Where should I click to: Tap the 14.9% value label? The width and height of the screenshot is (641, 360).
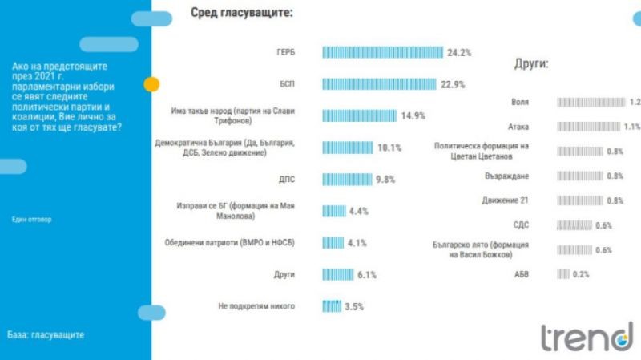coord(413,115)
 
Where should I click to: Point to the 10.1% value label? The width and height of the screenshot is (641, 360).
coord(389,148)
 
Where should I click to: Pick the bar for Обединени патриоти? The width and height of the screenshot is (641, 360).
coord(333,242)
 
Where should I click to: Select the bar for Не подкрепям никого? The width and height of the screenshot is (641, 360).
coord(332,305)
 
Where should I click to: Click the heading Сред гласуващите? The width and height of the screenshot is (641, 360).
coord(241,13)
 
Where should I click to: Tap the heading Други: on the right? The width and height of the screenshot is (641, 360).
coord(531,65)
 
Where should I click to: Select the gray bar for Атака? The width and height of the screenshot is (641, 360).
coord(588,126)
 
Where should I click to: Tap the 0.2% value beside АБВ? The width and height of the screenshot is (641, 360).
coord(581,274)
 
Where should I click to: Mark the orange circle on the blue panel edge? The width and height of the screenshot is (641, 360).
coord(151,84)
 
